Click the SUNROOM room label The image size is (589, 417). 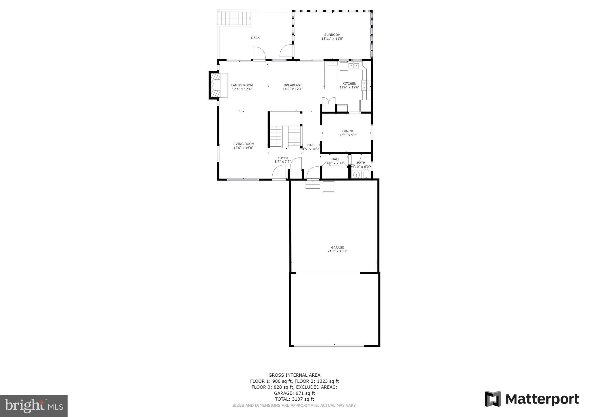(332, 35)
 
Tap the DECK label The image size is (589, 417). (255, 38)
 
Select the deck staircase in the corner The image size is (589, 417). (234, 19)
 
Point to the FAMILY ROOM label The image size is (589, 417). (242, 85)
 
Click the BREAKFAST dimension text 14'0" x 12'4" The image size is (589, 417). (292, 89)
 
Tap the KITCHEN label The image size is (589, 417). (349, 84)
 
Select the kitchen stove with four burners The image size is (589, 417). (366, 86)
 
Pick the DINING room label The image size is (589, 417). (348, 131)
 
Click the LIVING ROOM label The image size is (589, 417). (243, 144)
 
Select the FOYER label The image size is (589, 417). (283, 158)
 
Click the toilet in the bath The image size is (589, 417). (366, 174)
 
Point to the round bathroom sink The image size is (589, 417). (357, 174)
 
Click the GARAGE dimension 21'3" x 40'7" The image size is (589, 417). (337, 251)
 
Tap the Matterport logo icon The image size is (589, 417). (493, 399)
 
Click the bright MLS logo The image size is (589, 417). (34, 406)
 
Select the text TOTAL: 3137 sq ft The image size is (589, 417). (294, 399)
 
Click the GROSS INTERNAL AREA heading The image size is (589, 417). (294, 375)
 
